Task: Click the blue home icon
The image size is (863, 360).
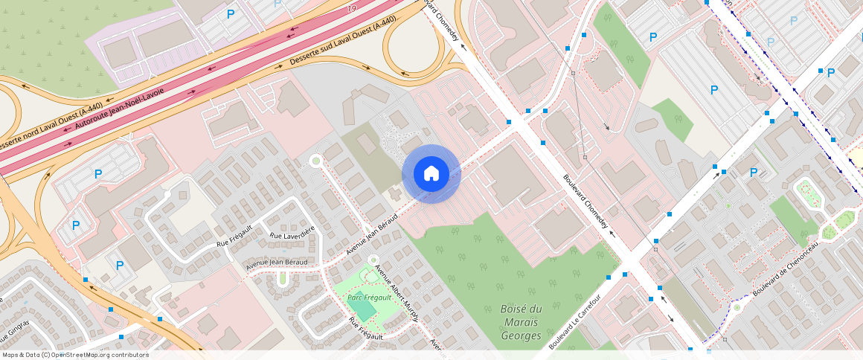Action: pyautogui.click(x=431, y=173)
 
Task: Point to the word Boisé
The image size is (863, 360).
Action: pyautogui.click(x=522, y=309)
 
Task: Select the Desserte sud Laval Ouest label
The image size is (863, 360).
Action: pyautogui.click(x=342, y=41)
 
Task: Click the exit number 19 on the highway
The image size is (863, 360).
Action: pyautogui.click(x=350, y=9)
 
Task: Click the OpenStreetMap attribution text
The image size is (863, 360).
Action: pyautogui.click(x=76, y=355)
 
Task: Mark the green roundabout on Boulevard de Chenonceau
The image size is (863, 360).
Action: pyautogui.click(x=737, y=307)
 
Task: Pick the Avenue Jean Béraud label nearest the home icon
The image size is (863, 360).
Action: pyautogui.click(x=372, y=234)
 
